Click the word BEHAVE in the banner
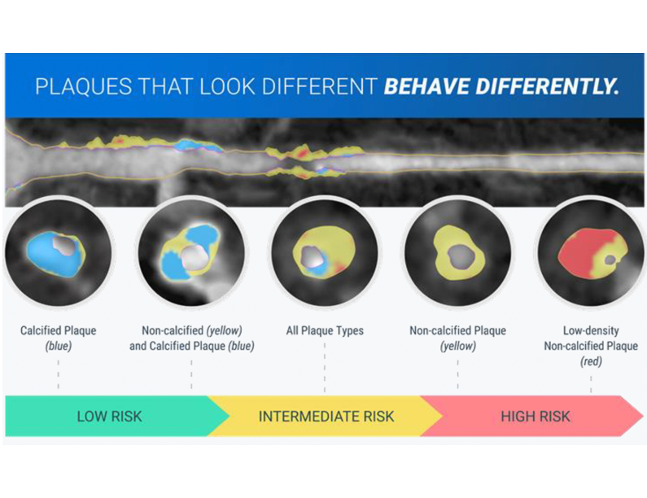(427, 86)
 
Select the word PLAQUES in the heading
(84, 86)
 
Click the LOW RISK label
(109, 417)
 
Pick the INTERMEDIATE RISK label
(326, 417)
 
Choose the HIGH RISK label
(536, 417)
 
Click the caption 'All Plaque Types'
(325, 330)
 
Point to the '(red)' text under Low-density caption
(591, 361)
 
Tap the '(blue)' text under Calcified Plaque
(58, 346)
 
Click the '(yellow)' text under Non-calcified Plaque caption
(457, 346)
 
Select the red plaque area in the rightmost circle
(578, 251)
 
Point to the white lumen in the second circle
(194, 258)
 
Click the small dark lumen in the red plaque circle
(610, 260)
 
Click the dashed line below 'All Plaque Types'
(325, 367)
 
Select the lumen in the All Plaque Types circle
(312, 257)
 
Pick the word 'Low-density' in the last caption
(591, 330)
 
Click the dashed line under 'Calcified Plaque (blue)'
(58, 374)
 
